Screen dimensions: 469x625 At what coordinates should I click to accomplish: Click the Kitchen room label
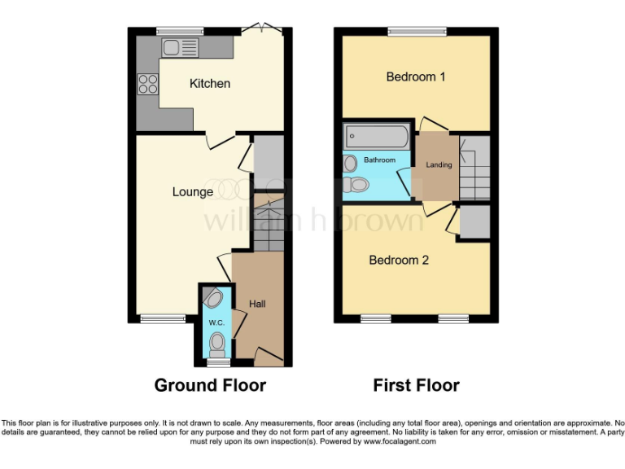tap(210, 84)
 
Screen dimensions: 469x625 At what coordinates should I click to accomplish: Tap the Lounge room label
tap(193, 192)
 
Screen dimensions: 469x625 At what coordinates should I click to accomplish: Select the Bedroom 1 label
tap(416, 77)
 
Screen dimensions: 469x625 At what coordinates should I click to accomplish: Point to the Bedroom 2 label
tap(399, 261)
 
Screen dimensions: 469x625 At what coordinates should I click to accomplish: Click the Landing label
tap(439, 165)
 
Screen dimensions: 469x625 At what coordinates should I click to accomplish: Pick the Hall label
tap(257, 304)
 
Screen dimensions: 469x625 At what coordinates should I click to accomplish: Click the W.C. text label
tap(216, 323)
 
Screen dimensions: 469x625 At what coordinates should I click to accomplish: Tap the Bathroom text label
tap(379, 160)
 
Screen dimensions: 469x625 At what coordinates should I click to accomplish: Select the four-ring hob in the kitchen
tap(148, 83)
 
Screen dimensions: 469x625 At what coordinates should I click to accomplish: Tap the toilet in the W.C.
tap(216, 347)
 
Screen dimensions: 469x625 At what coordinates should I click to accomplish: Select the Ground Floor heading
tap(210, 385)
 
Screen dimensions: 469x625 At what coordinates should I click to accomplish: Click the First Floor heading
tap(416, 385)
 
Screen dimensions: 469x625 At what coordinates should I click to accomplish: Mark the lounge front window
tap(158, 318)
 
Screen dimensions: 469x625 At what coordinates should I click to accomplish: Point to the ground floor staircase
tap(265, 223)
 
